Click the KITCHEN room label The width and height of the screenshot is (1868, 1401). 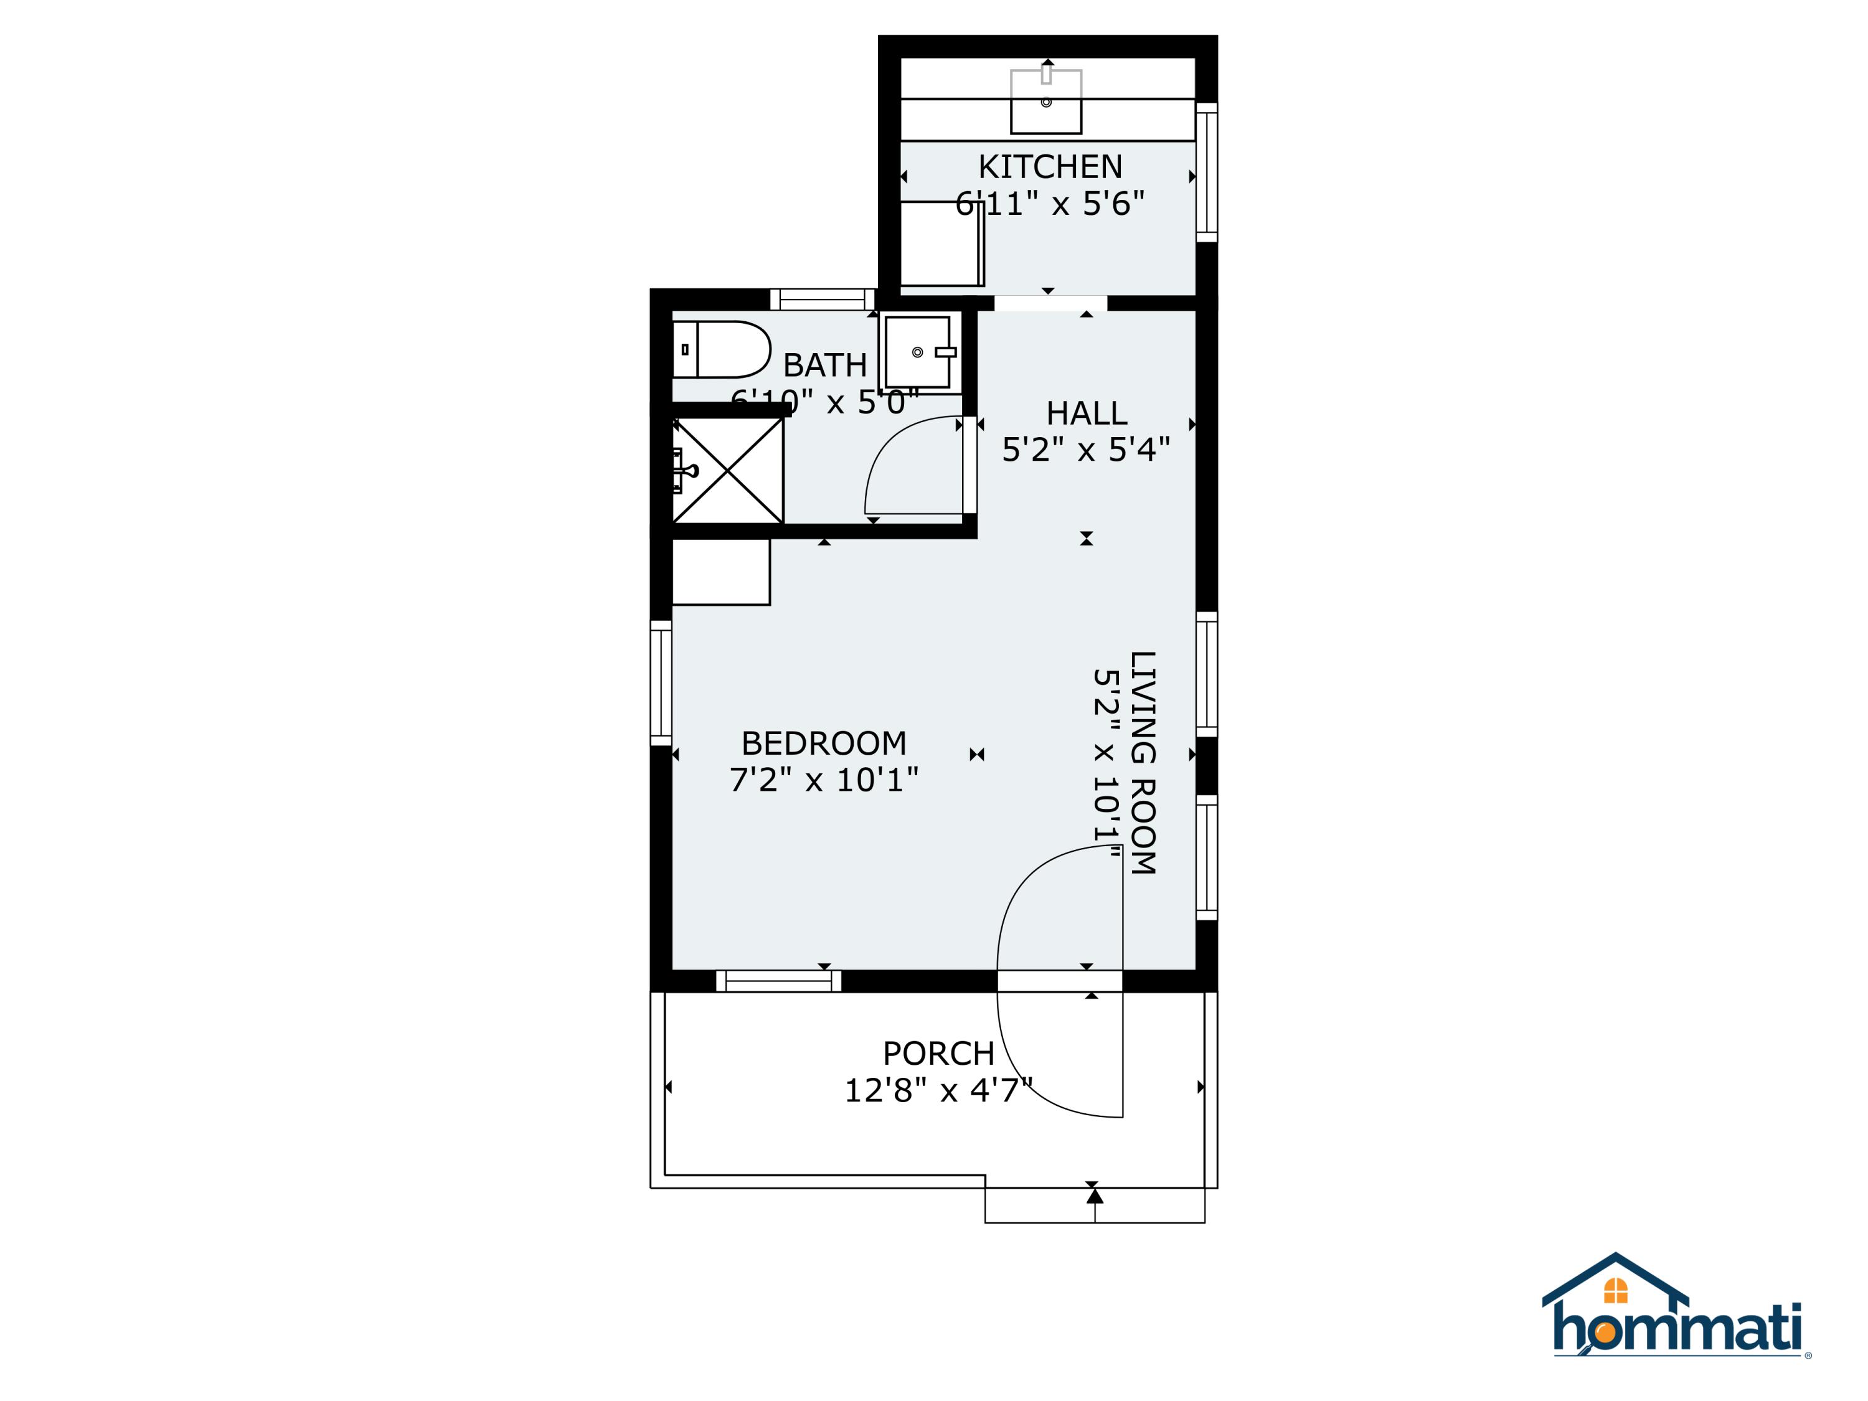(1050, 167)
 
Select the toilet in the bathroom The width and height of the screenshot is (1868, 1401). (723, 349)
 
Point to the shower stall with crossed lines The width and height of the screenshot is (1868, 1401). (728, 470)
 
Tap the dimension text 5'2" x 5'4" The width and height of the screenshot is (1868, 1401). (1086, 450)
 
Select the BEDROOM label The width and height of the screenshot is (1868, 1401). (823, 743)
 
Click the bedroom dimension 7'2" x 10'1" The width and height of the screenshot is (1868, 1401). (823, 780)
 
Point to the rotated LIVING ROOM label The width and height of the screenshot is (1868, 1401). (1143, 763)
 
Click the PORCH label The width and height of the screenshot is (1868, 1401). (938, 1053)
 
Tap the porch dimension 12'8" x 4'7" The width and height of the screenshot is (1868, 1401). (938, 1090)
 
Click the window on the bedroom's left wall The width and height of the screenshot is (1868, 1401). (661, 683)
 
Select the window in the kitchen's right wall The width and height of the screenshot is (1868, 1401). (1207, 172)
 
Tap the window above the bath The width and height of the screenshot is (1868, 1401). (823, 300)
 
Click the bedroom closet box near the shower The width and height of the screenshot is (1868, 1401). (720, 572)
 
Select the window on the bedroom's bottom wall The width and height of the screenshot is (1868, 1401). (778, 981)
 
